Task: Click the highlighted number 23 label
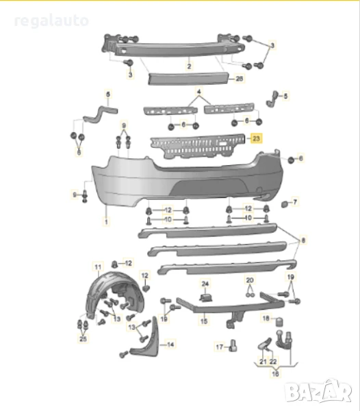coord(257,138)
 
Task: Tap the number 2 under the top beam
coord(189,67)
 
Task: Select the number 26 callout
coord(239,79)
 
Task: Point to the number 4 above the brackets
coord(199,92)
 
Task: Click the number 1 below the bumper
coord(106,222)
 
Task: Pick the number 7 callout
coord(295,202)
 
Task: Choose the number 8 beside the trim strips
coord(303,240)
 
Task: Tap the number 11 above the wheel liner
coord(97,266)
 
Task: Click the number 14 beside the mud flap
coord(171,345)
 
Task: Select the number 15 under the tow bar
coord(203,320)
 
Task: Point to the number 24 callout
coord(205,284)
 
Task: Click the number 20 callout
coord(250,280)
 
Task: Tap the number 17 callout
coord(219,347)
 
